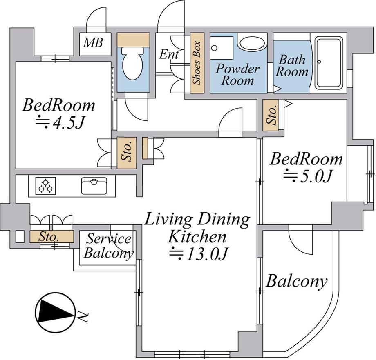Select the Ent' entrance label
[x=170, y=54]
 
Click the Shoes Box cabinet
[x=197, y=63]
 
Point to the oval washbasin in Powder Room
[x=252, y=44]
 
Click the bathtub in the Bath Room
[x=328, y=63]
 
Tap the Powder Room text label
[x=237, y=75]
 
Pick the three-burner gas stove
[x=45, y=186]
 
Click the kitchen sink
[x=94, y=186]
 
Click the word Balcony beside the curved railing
[x=297, y=281]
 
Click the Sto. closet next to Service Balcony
[x=51, y=237]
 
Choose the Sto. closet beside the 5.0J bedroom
[x=271, y=115]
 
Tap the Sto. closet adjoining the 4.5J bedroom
[x=127, y=153]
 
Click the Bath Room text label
[x=292, y=66]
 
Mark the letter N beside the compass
[x=83, y=317]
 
